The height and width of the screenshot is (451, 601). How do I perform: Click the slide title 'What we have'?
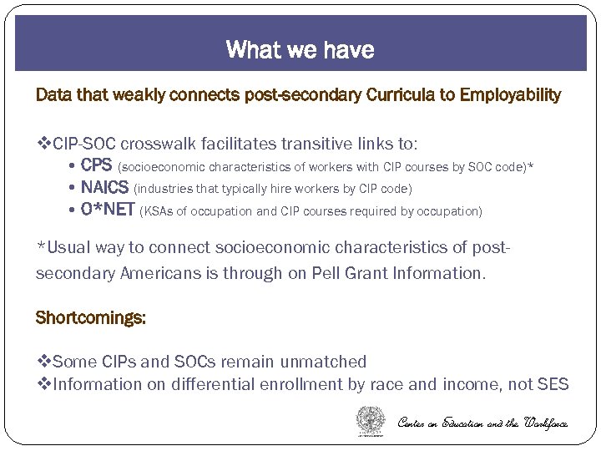300,49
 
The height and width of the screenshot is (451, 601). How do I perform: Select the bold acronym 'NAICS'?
104,189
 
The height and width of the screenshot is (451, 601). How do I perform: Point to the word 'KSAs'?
159,211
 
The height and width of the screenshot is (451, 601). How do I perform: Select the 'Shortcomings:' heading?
90,318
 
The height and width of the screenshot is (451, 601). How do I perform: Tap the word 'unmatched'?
324,362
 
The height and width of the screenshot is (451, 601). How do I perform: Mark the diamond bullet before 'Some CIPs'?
44,362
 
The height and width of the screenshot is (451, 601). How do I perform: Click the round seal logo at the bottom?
371,420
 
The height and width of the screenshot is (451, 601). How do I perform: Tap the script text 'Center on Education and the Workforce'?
482,423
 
